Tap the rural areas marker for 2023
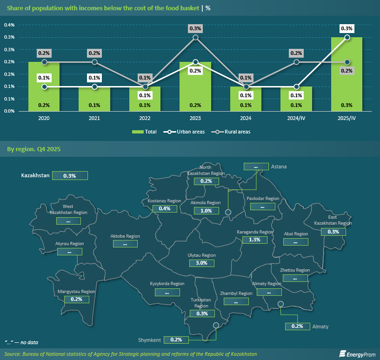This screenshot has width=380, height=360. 195,37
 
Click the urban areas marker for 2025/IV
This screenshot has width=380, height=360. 347,37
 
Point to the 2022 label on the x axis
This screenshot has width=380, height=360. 145,118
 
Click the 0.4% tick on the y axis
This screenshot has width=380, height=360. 9,25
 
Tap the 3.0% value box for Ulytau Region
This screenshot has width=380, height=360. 202,263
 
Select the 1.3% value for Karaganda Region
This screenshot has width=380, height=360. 254,240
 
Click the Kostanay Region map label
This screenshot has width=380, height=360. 164,200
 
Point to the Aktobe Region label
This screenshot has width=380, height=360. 125,236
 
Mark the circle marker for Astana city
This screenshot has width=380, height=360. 228,213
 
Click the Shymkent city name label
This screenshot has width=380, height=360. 150,340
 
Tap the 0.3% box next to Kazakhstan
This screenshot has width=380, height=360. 70,176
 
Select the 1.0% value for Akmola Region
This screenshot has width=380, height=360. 206,210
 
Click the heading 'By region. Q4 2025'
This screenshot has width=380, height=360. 33,149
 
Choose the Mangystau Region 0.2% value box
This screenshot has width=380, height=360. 76,299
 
